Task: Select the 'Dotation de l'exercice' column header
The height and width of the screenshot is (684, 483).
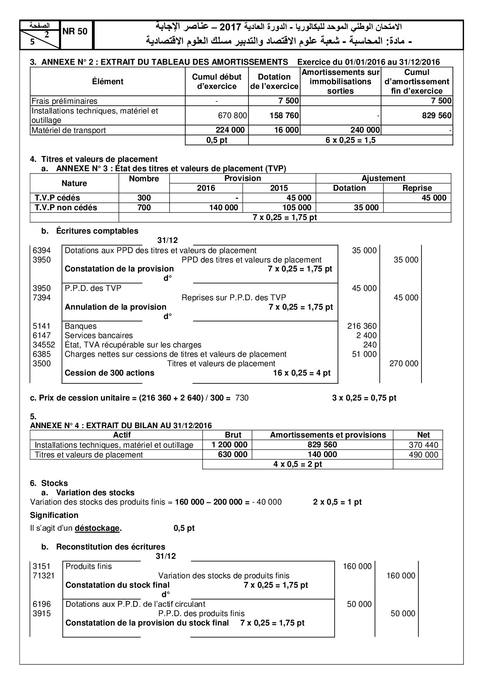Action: click(274, 82)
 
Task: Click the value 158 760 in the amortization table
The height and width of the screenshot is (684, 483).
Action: click(284, 115)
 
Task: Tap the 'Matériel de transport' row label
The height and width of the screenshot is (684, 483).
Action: click(69, 130)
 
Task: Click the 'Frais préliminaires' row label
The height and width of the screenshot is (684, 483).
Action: click(65, 101)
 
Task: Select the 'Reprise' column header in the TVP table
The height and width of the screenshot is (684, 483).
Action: click(417, 188)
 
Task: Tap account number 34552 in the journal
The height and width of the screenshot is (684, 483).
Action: click(44, 345)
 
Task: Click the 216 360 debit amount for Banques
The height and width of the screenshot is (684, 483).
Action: click(362, 326)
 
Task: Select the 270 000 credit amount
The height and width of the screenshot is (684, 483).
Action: click(404, 363)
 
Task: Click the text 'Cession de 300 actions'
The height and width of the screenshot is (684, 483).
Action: click(109, 373)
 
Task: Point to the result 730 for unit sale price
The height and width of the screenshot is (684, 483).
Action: click(242, 398)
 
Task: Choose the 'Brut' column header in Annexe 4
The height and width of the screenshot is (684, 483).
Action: click(233, 435)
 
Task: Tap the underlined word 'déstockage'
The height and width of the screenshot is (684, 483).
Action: click(97, 528)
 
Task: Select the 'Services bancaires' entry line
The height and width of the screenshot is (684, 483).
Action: click(99, 335)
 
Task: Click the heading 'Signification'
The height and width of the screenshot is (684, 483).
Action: click(54, 515)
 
